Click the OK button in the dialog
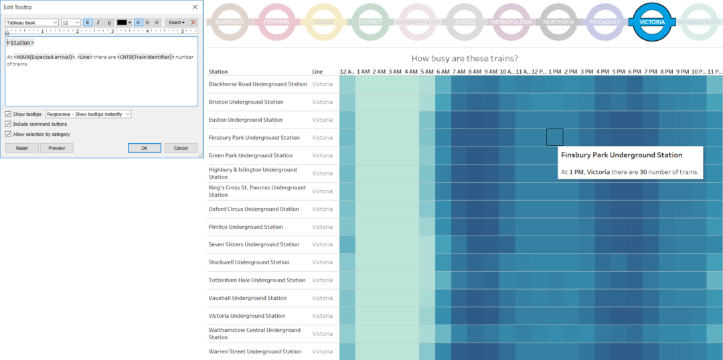(144, 148)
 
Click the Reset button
(22, 148)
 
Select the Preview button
(56, 148)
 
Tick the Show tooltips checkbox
(8, 114)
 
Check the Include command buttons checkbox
(8, 124)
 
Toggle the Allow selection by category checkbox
(8, 134)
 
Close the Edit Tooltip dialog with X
(195, 7)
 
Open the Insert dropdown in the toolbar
(176, 22)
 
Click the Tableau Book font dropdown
(32, 22)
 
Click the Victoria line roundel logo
(652, 22)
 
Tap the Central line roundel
(276, 22)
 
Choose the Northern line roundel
(558, 22)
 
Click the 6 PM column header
(635, 72)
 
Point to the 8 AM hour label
(475, 72)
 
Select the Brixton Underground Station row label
(246, 102)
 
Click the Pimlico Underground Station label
(246, 227)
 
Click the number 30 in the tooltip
(643, 172)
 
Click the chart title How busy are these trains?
(465, 58)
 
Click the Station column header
(218, 72)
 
